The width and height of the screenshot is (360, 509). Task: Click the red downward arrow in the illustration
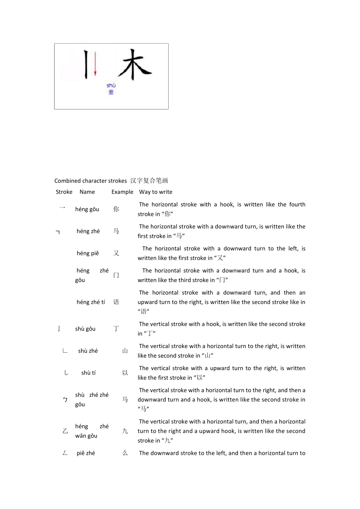95,64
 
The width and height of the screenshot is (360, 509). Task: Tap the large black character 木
135,65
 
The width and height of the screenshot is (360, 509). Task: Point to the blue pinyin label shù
111,86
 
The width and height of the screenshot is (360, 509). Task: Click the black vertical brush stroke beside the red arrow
86,64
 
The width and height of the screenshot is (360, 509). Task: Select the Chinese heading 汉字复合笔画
149,181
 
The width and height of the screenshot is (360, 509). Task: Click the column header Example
122,192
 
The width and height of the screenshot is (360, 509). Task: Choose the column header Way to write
156,192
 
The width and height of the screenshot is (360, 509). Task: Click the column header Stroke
64,192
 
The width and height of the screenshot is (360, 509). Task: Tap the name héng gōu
87,209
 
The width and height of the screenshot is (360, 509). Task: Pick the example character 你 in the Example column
116,209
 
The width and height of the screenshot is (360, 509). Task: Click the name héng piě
88,253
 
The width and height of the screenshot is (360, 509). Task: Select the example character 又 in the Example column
116,253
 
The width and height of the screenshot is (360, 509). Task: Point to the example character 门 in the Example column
116,275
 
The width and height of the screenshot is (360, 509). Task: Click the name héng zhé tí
91,302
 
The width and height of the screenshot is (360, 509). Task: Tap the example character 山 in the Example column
125,351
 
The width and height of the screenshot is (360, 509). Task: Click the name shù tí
88,373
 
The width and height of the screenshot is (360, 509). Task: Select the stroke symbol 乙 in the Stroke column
65,431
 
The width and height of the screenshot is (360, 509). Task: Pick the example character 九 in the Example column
125,431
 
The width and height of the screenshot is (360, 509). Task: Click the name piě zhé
86,453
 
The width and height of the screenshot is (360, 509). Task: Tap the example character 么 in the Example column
125,453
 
